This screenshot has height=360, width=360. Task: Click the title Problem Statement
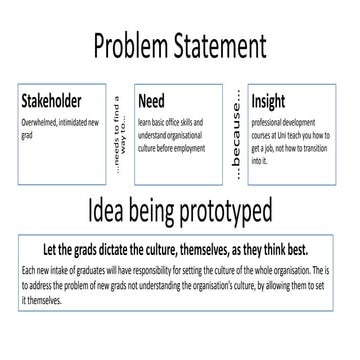[180, 46]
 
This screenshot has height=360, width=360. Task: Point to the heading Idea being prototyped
[180, 213]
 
